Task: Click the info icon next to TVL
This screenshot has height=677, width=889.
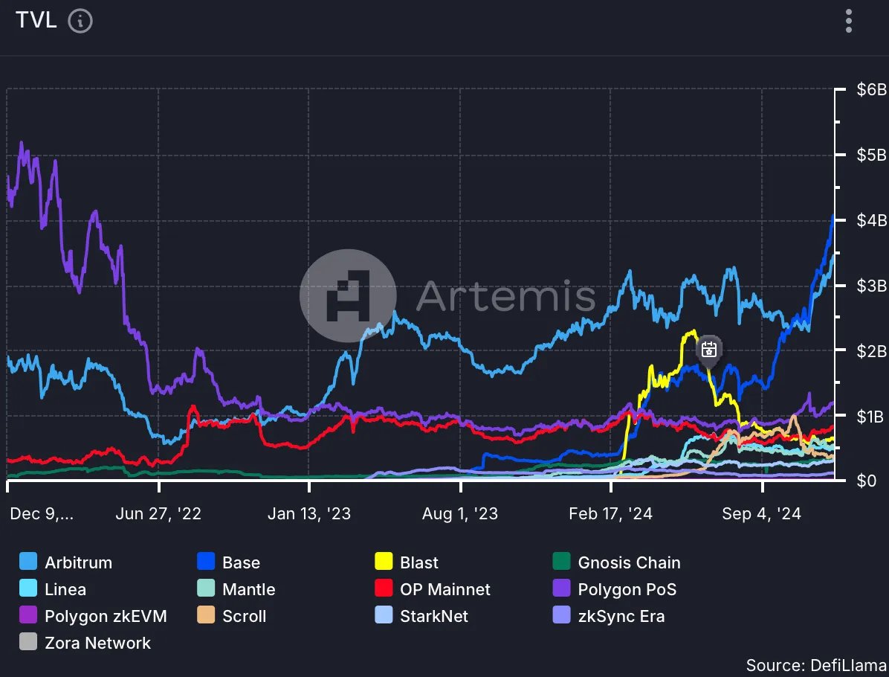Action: (x=80, y=21)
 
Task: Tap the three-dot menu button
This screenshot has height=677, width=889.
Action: (x=849, y=21)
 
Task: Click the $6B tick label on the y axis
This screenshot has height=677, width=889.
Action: (x=870, y=90)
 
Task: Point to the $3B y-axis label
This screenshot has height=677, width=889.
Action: (x=870, y=286)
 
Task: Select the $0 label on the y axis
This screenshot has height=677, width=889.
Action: (x=865, y=481)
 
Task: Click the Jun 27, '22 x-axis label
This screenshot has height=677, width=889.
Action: (x=159, y=513)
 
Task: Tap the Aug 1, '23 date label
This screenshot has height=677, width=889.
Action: (x=460, y=513)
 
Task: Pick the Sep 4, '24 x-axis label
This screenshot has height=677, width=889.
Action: (x=762, y=513)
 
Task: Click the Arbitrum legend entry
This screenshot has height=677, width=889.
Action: (x=78, y=562)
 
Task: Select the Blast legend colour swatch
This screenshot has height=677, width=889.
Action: (x=384, y=562)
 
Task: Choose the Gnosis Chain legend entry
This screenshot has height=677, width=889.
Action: (x=629, y=562)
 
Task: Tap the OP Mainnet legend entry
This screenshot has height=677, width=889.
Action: (x=444, y=589)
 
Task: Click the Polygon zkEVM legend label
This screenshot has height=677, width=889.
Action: (x=106, y=616)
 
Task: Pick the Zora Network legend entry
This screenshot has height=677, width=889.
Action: (x=97, y=643)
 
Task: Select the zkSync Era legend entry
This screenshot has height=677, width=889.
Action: (x=621, y=616)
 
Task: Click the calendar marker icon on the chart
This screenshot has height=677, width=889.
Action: (x=708, y=348)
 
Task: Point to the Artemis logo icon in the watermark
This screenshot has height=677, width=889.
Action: (x=347, y=295)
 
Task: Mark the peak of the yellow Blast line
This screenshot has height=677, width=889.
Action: (x=693, y=331)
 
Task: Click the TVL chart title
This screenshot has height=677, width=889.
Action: (x=36, y=21)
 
